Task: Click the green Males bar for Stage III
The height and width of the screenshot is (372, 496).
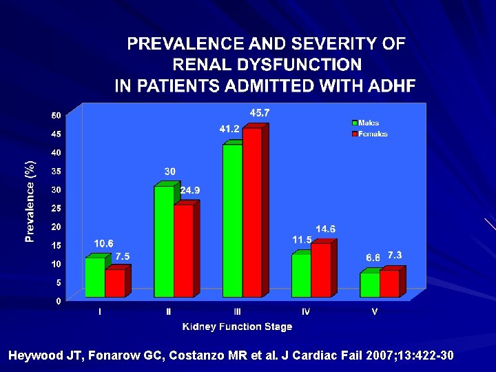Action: [232, 220]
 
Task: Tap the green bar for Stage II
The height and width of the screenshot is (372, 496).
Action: [164, 241]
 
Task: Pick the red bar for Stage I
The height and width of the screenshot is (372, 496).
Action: [115, 283]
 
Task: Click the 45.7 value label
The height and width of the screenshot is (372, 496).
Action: [260, 112]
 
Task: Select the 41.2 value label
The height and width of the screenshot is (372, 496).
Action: [229, 129]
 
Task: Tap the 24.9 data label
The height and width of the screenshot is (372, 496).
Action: [190, 190]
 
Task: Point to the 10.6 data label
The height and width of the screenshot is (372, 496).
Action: [104, 243]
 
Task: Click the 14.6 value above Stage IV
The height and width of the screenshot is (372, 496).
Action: [326, 229]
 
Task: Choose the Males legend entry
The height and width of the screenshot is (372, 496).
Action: [368, 123]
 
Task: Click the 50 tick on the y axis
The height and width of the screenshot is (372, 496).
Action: [56, 115]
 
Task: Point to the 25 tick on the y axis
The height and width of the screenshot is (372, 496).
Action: [56, 208]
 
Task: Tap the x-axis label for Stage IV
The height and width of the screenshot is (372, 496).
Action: [306, 311]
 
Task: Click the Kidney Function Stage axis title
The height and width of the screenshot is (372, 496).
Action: [237, 327]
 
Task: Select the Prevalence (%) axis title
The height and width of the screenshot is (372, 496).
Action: [30, 201]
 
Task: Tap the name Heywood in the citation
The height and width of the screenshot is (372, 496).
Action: [34, 356]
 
